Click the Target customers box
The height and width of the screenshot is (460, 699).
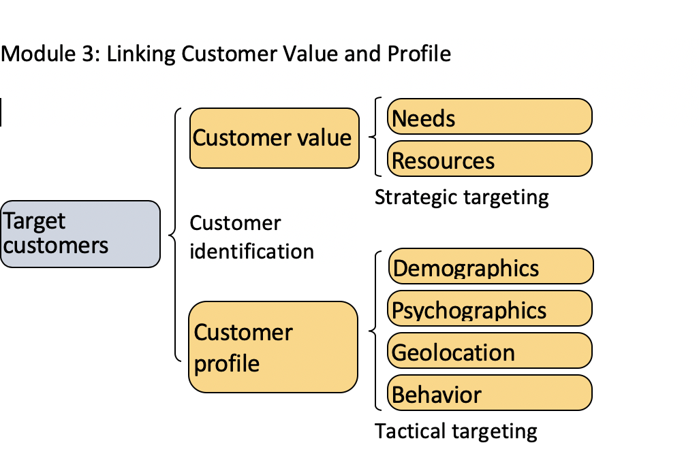click(x=80, y=233)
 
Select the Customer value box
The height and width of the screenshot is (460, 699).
click(x=274, y=138)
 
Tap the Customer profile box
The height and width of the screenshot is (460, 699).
click(x=273, y=347)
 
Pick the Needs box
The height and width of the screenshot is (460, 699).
click(x=489, y=117)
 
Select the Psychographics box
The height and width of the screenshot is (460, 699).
click(x=490, y=309)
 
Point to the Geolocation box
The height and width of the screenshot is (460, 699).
click(x=489, y=351)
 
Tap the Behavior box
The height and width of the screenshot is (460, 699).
click(x=489, y=393)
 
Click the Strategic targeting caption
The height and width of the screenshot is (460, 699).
click(x=461, y=197)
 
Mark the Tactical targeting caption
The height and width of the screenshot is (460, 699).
click(x=456, y=431)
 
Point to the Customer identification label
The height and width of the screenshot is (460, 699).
click(x=251, y=237)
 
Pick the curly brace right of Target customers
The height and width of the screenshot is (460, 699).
click(x=175, y=235)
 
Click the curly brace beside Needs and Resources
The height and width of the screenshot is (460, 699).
click(x=375, y=137)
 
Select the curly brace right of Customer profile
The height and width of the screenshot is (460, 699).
click(x=375, y=331)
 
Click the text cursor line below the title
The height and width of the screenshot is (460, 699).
click(x=1, y=112)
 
